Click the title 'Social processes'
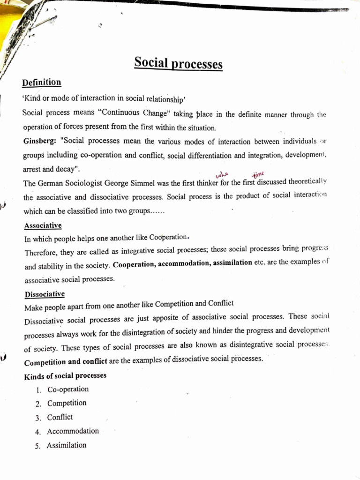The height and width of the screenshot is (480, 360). coord(178,63)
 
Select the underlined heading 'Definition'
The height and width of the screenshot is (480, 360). coord(42,82)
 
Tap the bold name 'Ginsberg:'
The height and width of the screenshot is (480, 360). coord(39,141)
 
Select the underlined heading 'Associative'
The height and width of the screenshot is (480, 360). coord(43,225)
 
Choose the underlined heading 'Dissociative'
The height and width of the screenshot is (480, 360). coord(44,294)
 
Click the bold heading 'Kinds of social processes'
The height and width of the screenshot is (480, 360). coord(65,376)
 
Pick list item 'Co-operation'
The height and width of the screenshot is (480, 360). coord(68,389)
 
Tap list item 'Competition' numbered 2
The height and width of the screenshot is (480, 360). coord(67,403)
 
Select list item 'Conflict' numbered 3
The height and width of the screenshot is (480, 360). coord(60,417)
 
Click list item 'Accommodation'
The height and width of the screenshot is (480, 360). coord(73,431)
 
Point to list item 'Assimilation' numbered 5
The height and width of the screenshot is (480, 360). coord(67,445)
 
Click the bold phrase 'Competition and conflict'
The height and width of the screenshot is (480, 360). coord(65,362)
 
